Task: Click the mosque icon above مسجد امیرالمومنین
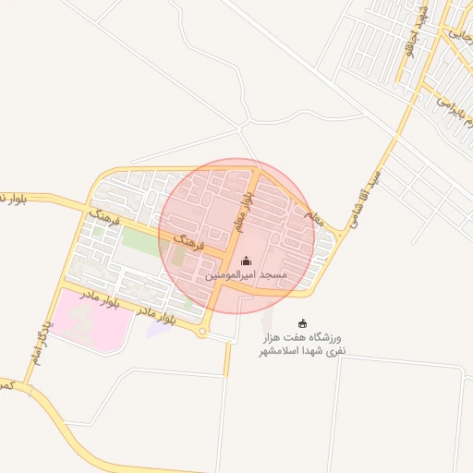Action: [245, 261]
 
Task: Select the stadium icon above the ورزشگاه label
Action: [302, 323]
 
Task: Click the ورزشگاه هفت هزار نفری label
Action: [302, 344]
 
